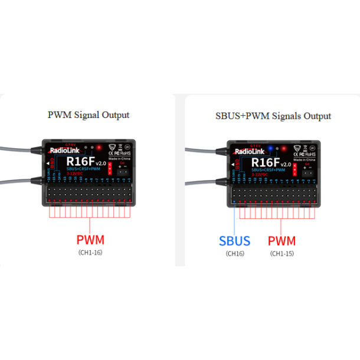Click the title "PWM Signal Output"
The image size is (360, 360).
(x=88, y=115)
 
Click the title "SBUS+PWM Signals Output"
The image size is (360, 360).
(x=273, y=116)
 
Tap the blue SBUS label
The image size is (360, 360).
(x=234, y=241)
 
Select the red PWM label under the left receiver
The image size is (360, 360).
(x=90, y=240)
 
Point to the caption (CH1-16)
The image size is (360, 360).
(x=90, y=253)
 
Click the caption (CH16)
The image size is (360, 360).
(x=234, y=253)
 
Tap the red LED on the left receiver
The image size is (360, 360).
(x=99, y=147)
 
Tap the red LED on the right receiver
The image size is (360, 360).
(x=284, y=148)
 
